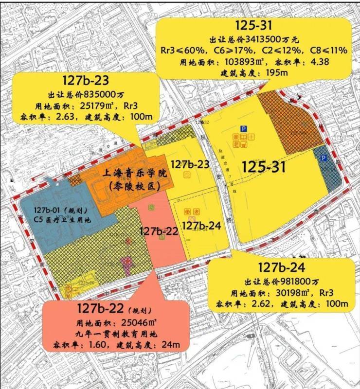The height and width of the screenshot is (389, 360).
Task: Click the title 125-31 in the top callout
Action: [253, 26]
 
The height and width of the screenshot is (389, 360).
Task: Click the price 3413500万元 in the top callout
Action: [270, 39]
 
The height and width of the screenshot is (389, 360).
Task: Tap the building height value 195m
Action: [275, 72]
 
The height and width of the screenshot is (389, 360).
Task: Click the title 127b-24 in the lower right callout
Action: [282, 267]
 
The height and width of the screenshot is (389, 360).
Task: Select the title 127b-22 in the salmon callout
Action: [105, 308]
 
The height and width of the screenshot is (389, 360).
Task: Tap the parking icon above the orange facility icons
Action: [243, 128]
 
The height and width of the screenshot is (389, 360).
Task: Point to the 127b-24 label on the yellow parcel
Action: [201, 226]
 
